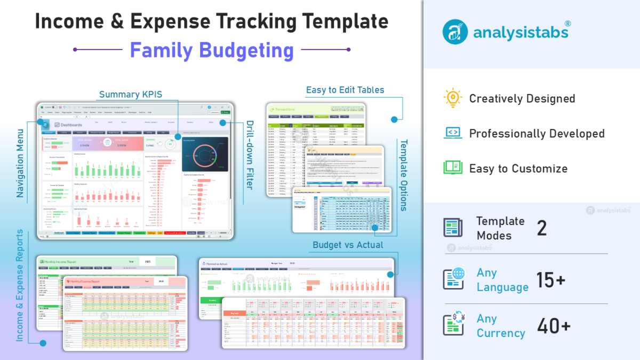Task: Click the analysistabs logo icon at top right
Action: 455,31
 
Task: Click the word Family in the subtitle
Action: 162,51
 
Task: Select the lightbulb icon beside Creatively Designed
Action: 453,98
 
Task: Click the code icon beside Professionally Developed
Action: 453,133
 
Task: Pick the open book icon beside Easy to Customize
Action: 453,168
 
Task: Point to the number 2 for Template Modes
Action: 542,228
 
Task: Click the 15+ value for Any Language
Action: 551,280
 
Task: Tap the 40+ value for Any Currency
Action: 554,326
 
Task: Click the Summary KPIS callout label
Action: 131,94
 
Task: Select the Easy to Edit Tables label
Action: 345,90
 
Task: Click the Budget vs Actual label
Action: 348,245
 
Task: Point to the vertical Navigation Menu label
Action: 20,163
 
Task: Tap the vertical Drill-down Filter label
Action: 249,155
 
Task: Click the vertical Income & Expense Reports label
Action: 20,285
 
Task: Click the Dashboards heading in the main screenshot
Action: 71,125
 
